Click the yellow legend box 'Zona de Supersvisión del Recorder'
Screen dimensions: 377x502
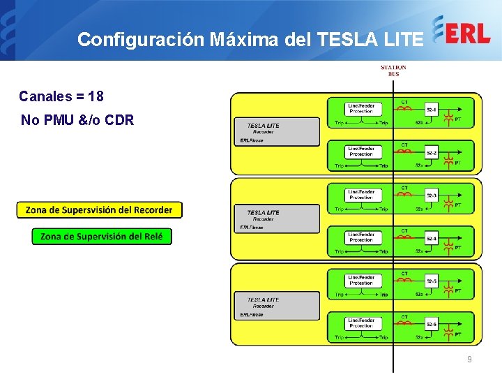(99, 209)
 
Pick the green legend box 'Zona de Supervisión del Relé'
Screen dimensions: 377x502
(102, 237)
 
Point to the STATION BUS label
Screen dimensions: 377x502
(393, 71)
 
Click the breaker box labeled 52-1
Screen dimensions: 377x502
(432, 110)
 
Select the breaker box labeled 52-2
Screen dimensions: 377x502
(432, 153)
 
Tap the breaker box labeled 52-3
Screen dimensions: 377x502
(432, 195)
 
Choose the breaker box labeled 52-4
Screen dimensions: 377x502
(432, 239)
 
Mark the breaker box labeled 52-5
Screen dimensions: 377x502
(432, 281)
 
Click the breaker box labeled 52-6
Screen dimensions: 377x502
(432, 325)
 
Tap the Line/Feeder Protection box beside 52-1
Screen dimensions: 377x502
(361, 108)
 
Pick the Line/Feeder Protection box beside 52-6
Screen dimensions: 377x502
(361, 323)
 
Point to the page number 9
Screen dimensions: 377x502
(469, 360)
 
